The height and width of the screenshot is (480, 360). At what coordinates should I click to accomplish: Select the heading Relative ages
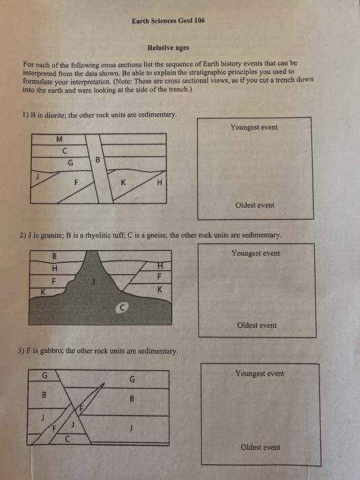tap(168, 48)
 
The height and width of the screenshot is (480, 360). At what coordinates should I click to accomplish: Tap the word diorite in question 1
tap(55, 115)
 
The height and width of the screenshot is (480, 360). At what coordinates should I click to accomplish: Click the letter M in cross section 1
tap(60, 139)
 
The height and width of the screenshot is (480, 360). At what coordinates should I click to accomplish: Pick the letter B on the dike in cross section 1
tap(97, 160)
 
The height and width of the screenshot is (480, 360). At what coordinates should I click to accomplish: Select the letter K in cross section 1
tap(123, 183)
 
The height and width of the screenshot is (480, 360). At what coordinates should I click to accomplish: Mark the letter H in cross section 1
tap(160, 183)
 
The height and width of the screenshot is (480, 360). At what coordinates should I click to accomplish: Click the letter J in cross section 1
tap(37, 176)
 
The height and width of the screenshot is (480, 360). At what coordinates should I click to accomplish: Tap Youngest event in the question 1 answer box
tap(254, 127)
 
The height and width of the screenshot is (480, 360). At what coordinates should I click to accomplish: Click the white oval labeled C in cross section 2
tap(122, 309)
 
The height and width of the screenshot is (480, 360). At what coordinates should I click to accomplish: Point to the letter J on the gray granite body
tap(93, 280)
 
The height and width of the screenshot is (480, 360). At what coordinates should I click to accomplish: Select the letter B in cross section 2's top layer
tap(55, 256)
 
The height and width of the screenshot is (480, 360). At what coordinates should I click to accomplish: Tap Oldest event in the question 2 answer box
tap(257, 325)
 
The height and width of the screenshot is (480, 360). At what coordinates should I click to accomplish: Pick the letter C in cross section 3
tap(67, 440)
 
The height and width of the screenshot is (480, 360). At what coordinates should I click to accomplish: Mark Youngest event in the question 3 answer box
tap(260, 374)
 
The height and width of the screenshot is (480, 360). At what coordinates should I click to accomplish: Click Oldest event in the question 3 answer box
tap(261, 447)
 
